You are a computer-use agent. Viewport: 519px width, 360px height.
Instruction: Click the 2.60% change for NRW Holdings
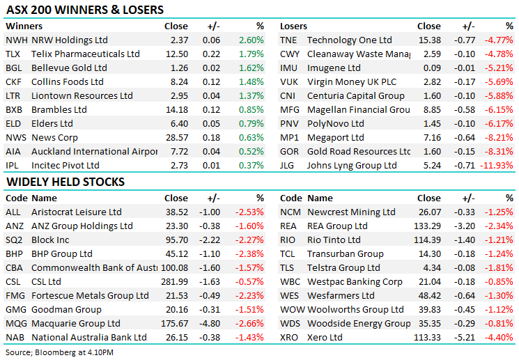point(251,40)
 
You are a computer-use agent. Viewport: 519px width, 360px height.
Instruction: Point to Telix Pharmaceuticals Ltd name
point(86,54)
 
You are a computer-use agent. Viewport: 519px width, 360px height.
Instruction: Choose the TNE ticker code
point(288,40)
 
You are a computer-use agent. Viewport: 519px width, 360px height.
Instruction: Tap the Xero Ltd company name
point(325,338)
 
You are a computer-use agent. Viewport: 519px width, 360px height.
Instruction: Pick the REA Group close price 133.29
point(426,226)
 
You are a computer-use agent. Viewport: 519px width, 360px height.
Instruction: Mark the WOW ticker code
point(292,310)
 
